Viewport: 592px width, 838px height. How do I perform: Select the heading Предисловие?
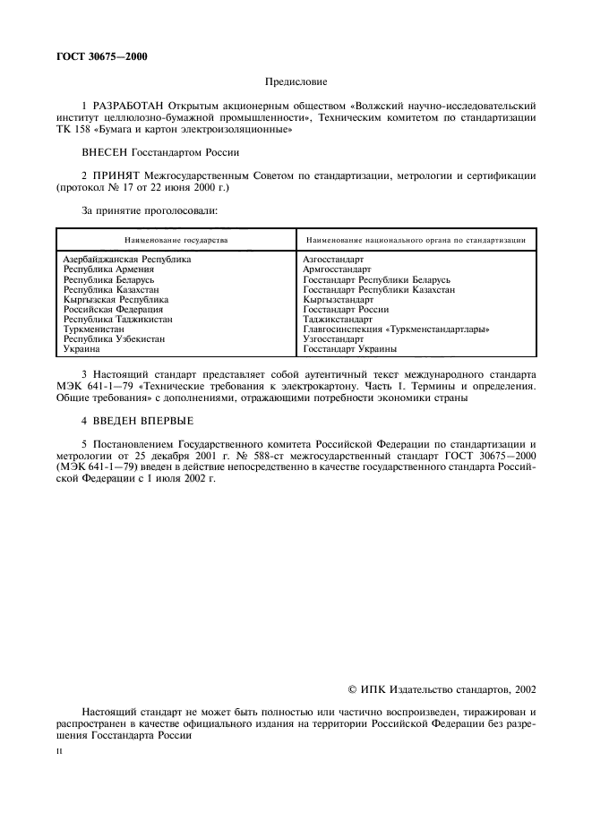(x=296, y=81)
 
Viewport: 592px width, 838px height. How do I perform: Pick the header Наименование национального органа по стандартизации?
(x=415, y=241)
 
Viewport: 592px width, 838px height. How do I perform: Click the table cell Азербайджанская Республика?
(x=127, y=259)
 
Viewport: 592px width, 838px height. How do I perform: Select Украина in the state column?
(x=82, y=349)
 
